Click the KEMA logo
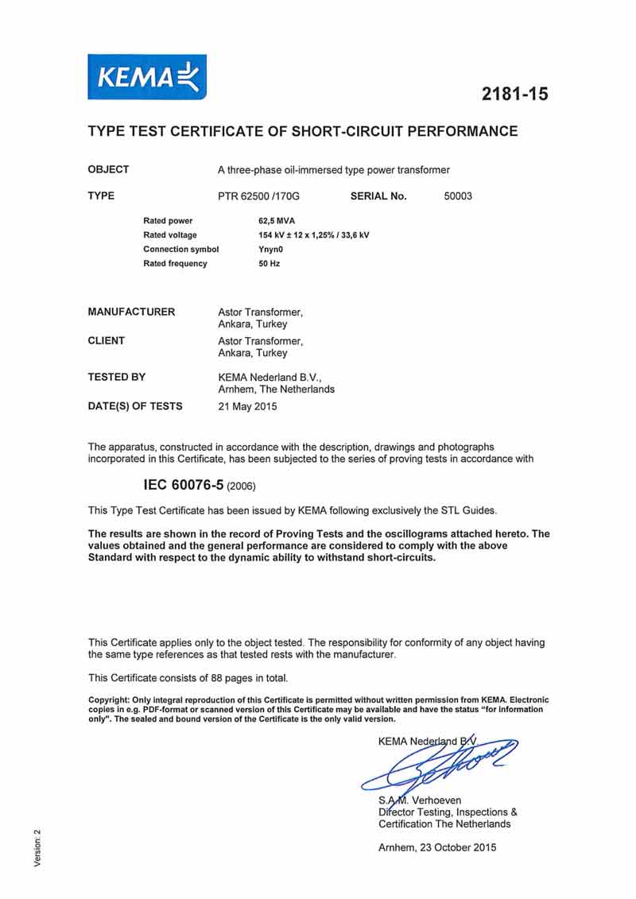(147, 77)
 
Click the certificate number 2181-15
(514, 94)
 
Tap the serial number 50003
(458, 196)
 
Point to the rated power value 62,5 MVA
(266, 220)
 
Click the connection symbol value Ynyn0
(261, 249)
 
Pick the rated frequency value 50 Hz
(258, 263)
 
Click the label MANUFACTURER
(131, 312)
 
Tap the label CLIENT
(106, 340)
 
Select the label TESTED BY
(116, 377)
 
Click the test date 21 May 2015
(247, 406)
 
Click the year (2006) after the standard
(242, 485)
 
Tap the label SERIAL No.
(378, 196)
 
